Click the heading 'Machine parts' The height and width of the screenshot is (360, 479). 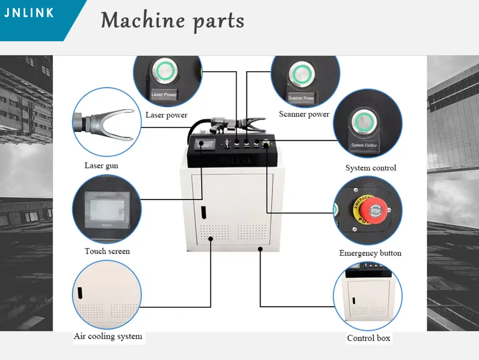pyautogui.click(x=172, y=21)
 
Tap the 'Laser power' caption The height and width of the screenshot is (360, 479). pyautogui.click(x=166, y=115)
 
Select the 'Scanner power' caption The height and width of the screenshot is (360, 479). pyautogui.click(x=304, y=114)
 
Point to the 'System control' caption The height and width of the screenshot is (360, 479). pyautogui.click(x=371, y=168)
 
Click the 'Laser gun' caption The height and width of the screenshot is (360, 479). pyautogui.click(x=101, y=166)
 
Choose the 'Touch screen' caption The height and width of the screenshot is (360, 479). pyautogui.click(x=107, y=251)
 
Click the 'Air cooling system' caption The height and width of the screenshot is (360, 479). pyautogui.click(x=108, y=336)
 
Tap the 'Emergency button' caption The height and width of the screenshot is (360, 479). pyautogui.click(x=370, y=253)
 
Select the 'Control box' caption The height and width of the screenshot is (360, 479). pyautogui.click(x=368, y=338)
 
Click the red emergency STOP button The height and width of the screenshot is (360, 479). pyautogui.click(x=375, y=210)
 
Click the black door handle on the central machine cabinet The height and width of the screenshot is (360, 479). pyautogui.click(x=203, y=211)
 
